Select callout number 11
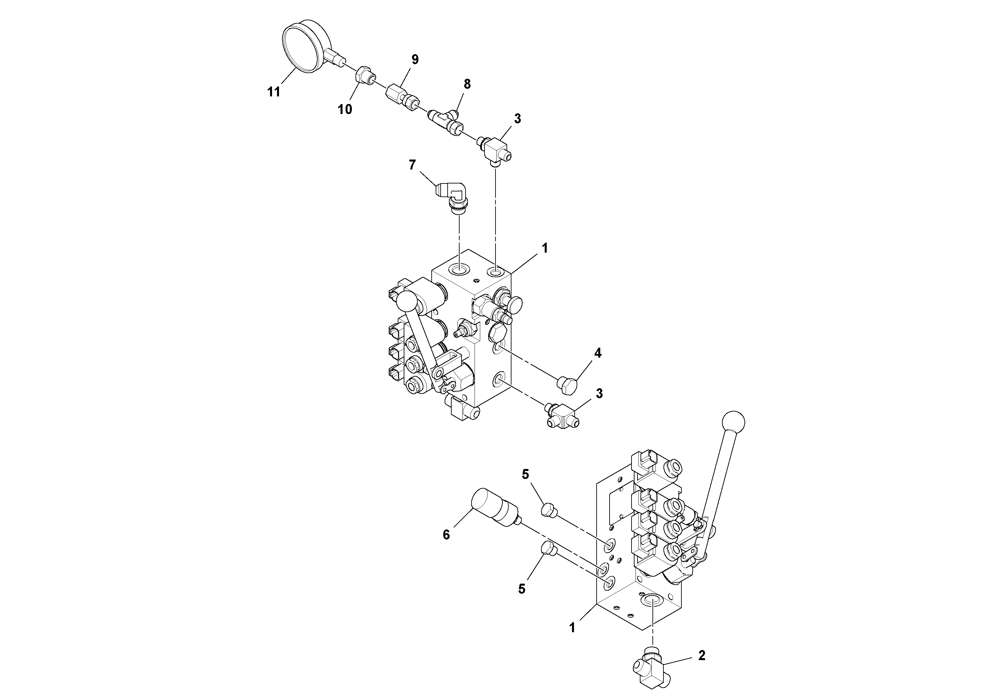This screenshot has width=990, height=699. click(x=274, y=92)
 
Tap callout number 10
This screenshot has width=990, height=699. click(x=345, y=109)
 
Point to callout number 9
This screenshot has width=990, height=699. click(x=415, y=59)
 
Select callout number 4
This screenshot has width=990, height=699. click(x=597, y=353)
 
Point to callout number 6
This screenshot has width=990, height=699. click(x=446, y=535)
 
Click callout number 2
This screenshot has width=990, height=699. click(x=702, y=655)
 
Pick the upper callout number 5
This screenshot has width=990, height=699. click(x=525, y=474)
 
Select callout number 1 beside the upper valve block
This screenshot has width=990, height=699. click(x=545, y=248)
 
